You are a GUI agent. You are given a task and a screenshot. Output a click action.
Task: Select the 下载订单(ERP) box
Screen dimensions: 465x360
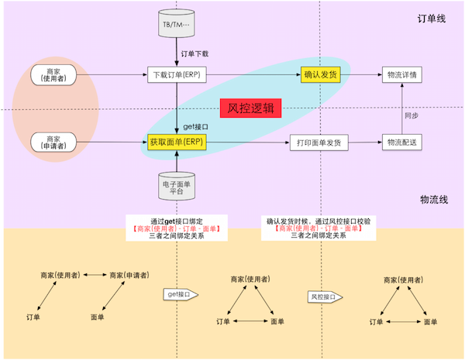click(178, 75)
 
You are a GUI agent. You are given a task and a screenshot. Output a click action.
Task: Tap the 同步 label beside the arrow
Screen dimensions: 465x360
click(412, 114)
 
